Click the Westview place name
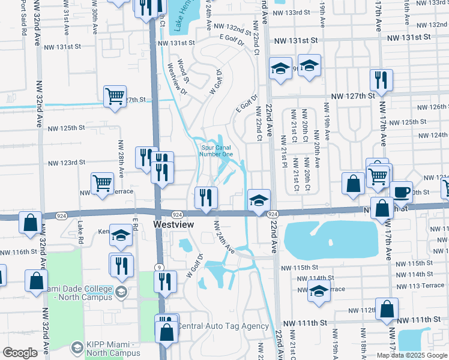(175, 223)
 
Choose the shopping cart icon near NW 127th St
(114, 96)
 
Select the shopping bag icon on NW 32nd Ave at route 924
(31, 223)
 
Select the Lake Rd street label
(80, 228)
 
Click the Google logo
(20, 353)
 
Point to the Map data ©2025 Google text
(412, 355)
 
